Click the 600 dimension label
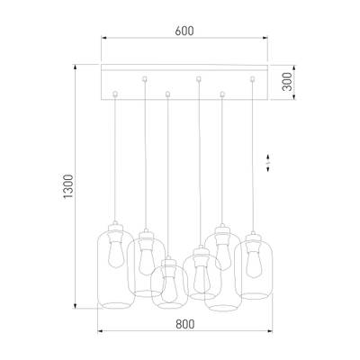pos(184,31)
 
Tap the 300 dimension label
pos(287,82)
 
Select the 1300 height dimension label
pos(68,186)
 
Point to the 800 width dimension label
pos(185,324)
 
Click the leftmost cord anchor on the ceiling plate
pos(114,94)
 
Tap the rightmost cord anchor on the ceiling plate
pos(252,79)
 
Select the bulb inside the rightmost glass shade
pos(254,262)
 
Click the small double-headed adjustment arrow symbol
pos(268,163)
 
